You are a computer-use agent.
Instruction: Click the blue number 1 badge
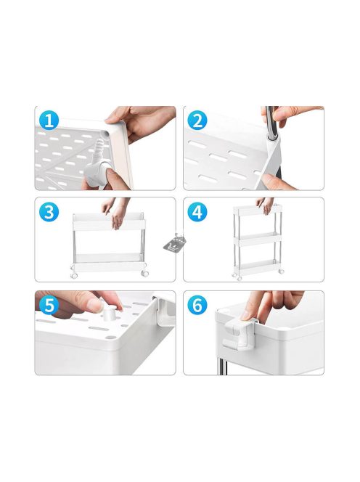pyautogui.click(x=49, y=120)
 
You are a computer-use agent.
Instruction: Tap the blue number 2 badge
pyautogui.click(x=197, y=120)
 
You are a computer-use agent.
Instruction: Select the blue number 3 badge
pyautogui.click(x=49, y=212)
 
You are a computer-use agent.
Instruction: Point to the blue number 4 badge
pyautogui.click(x=197, y=212)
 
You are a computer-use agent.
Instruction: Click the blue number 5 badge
pyautogui.click(x=49, y=305)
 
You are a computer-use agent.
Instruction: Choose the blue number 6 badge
pyautogui.click(x=197, y=305)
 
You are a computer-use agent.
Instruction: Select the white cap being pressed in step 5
pyautogui.click(x=110, y=313)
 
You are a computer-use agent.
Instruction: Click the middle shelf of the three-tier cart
pyautogui.click(x=258, y=239)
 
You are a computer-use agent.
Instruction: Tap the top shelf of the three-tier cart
pyautogui.click(x=258, y=210)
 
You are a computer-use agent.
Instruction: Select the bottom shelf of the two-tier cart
pyautogui.click(x=109, y=262)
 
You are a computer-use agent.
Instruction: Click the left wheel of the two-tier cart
pyautogui.click(x=74, y=275)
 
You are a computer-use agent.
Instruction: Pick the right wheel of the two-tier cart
pyautogui.click(x=145, y=273)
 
